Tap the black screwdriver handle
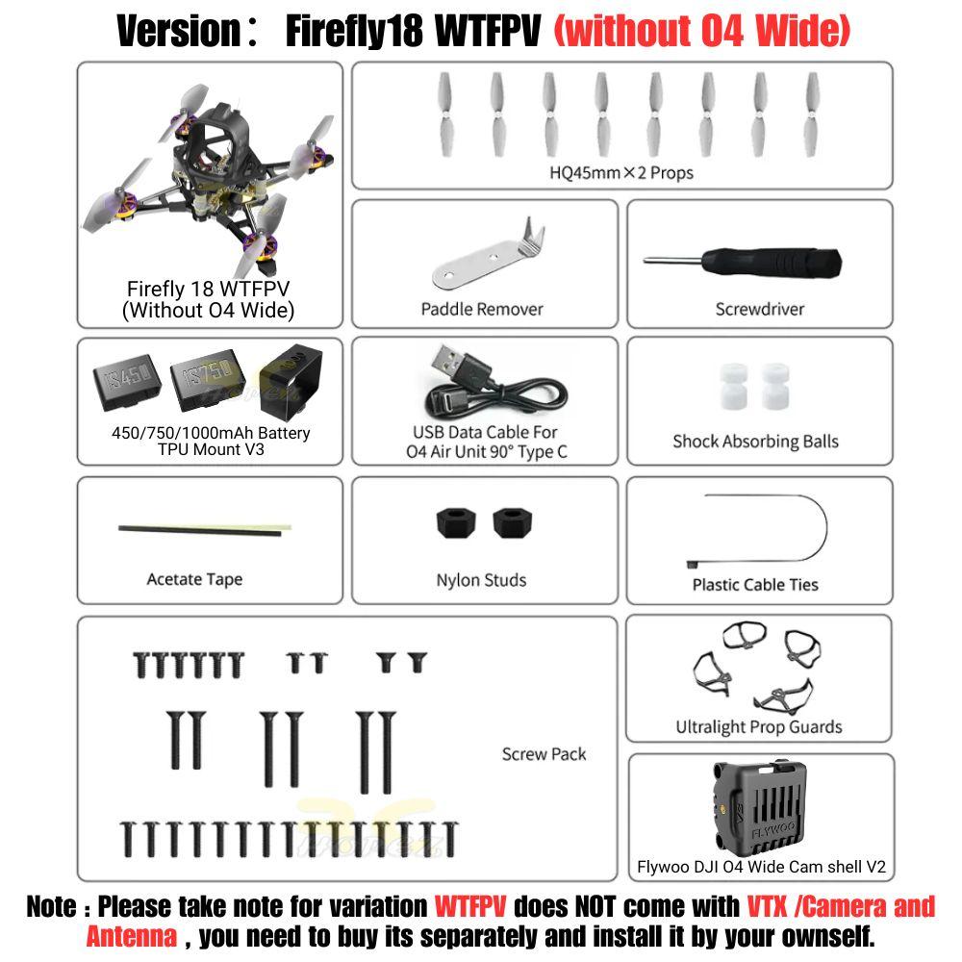coord(772,264)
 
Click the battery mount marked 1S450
coord(128,382)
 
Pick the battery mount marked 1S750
coord(208,379)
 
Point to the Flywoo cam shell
coord(760,808)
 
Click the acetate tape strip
coord(204,530)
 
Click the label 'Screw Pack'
coord(544,754)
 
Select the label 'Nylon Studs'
coord(481,580)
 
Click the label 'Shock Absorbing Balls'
coord(755,442)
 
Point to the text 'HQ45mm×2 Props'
coord(620,173)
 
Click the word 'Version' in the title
coord(179,32)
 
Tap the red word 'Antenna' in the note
coord(131,937)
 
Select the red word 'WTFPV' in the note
coord(470,907)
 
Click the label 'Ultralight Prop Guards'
coord(759,727)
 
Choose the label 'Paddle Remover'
coord(482,309)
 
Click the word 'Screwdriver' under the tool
coord(760,309)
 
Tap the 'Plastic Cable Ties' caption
coord(755,585)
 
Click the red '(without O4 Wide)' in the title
coord(702,32)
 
